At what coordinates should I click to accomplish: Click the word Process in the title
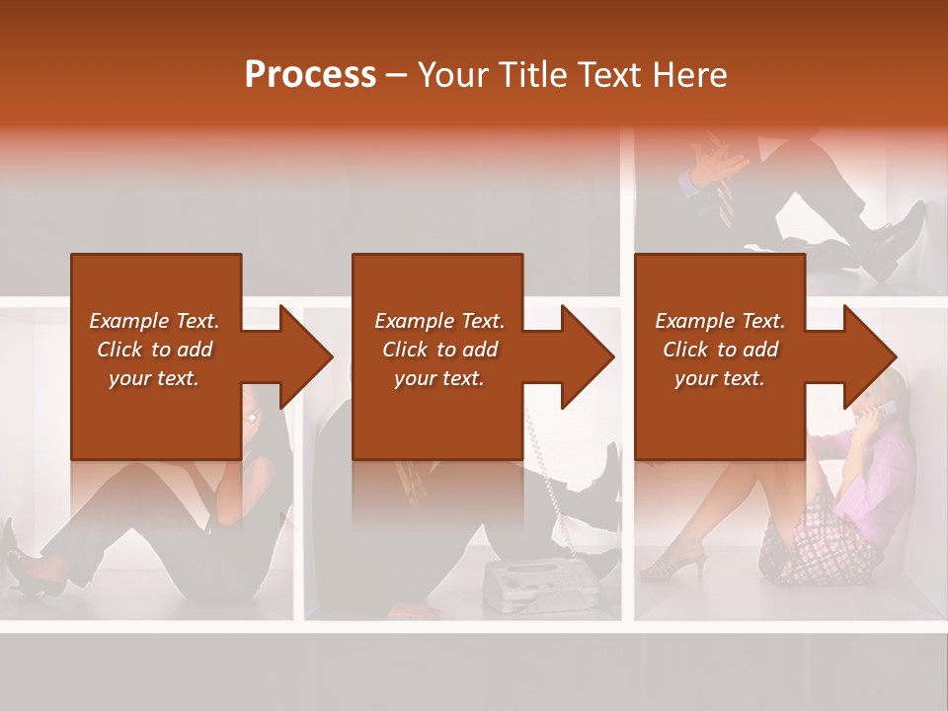tap(310, 75)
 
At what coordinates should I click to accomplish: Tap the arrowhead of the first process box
tap(304, 356)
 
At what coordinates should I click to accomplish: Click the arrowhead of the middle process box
tap(587, 356)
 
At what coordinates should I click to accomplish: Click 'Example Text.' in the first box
tap(154, 321)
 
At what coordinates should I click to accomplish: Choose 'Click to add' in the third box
tap(720, 350)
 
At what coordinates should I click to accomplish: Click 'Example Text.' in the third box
tap(720, 321)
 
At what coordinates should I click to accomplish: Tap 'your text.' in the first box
tap(154, 379)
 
